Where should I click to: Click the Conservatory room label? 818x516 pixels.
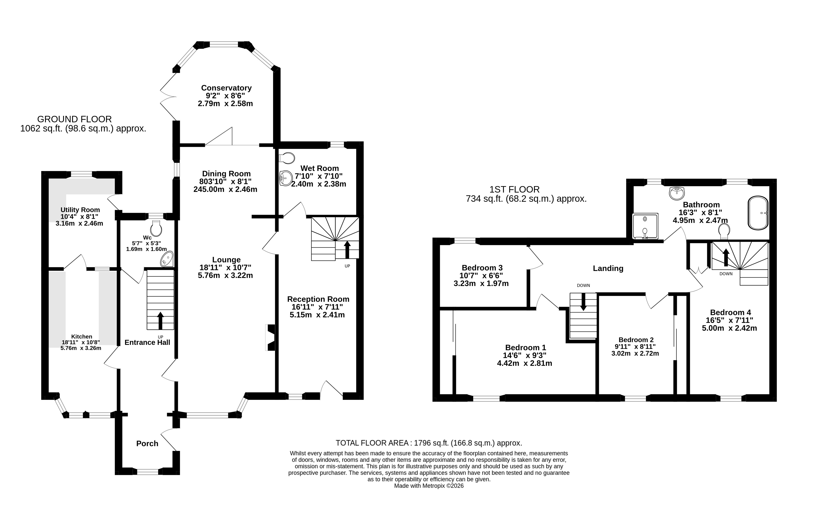226,88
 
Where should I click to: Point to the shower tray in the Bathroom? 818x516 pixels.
645,226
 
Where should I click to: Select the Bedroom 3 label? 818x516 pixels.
482,268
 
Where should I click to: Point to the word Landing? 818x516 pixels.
608,269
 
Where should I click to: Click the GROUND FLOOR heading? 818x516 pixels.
74,119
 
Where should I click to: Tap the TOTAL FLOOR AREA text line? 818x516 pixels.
429,443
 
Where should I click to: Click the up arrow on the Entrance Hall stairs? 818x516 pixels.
160,320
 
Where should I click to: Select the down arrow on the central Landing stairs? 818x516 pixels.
583,302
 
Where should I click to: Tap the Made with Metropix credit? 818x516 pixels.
429,486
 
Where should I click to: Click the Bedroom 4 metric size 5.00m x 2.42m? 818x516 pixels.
730,328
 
